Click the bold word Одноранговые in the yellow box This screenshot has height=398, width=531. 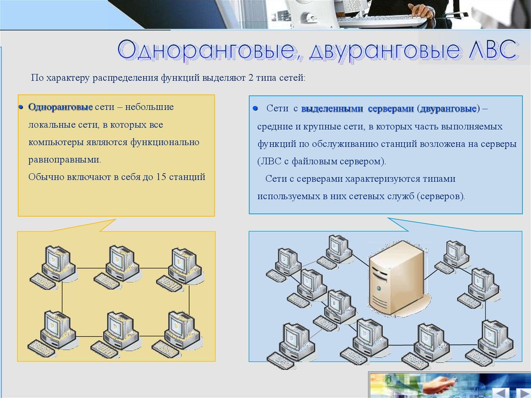pyautogui.click(x=61, y=107)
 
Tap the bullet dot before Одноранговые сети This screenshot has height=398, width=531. pyautogui.click(x=21, y=107)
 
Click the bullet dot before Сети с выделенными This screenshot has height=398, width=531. pyautogui.click(x=255, y=108)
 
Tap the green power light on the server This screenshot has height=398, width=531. pyautogui.click(x=379, y=289)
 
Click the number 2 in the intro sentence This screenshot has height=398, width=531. pyautogui.click(x=250, y=78)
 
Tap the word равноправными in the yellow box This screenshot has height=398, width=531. pyautogui.click(x=65, y=160)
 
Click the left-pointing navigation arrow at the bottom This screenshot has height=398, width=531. pyautogui.click(x=500, y=392)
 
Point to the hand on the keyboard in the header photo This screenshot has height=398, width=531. pyautogui.click(x=421, y=10)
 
